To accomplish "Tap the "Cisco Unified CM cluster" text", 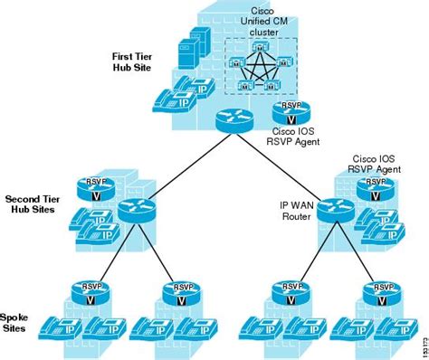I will (x=263, y=23).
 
